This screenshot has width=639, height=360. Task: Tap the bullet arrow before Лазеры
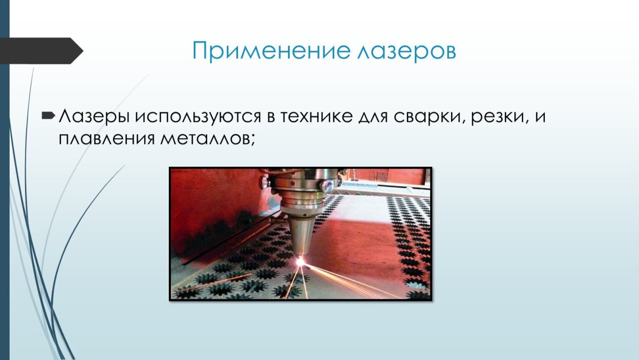pyautogui.click(x=48, y=115)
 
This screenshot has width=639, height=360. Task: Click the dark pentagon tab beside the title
pyautogui.click(x=43, y=51)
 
